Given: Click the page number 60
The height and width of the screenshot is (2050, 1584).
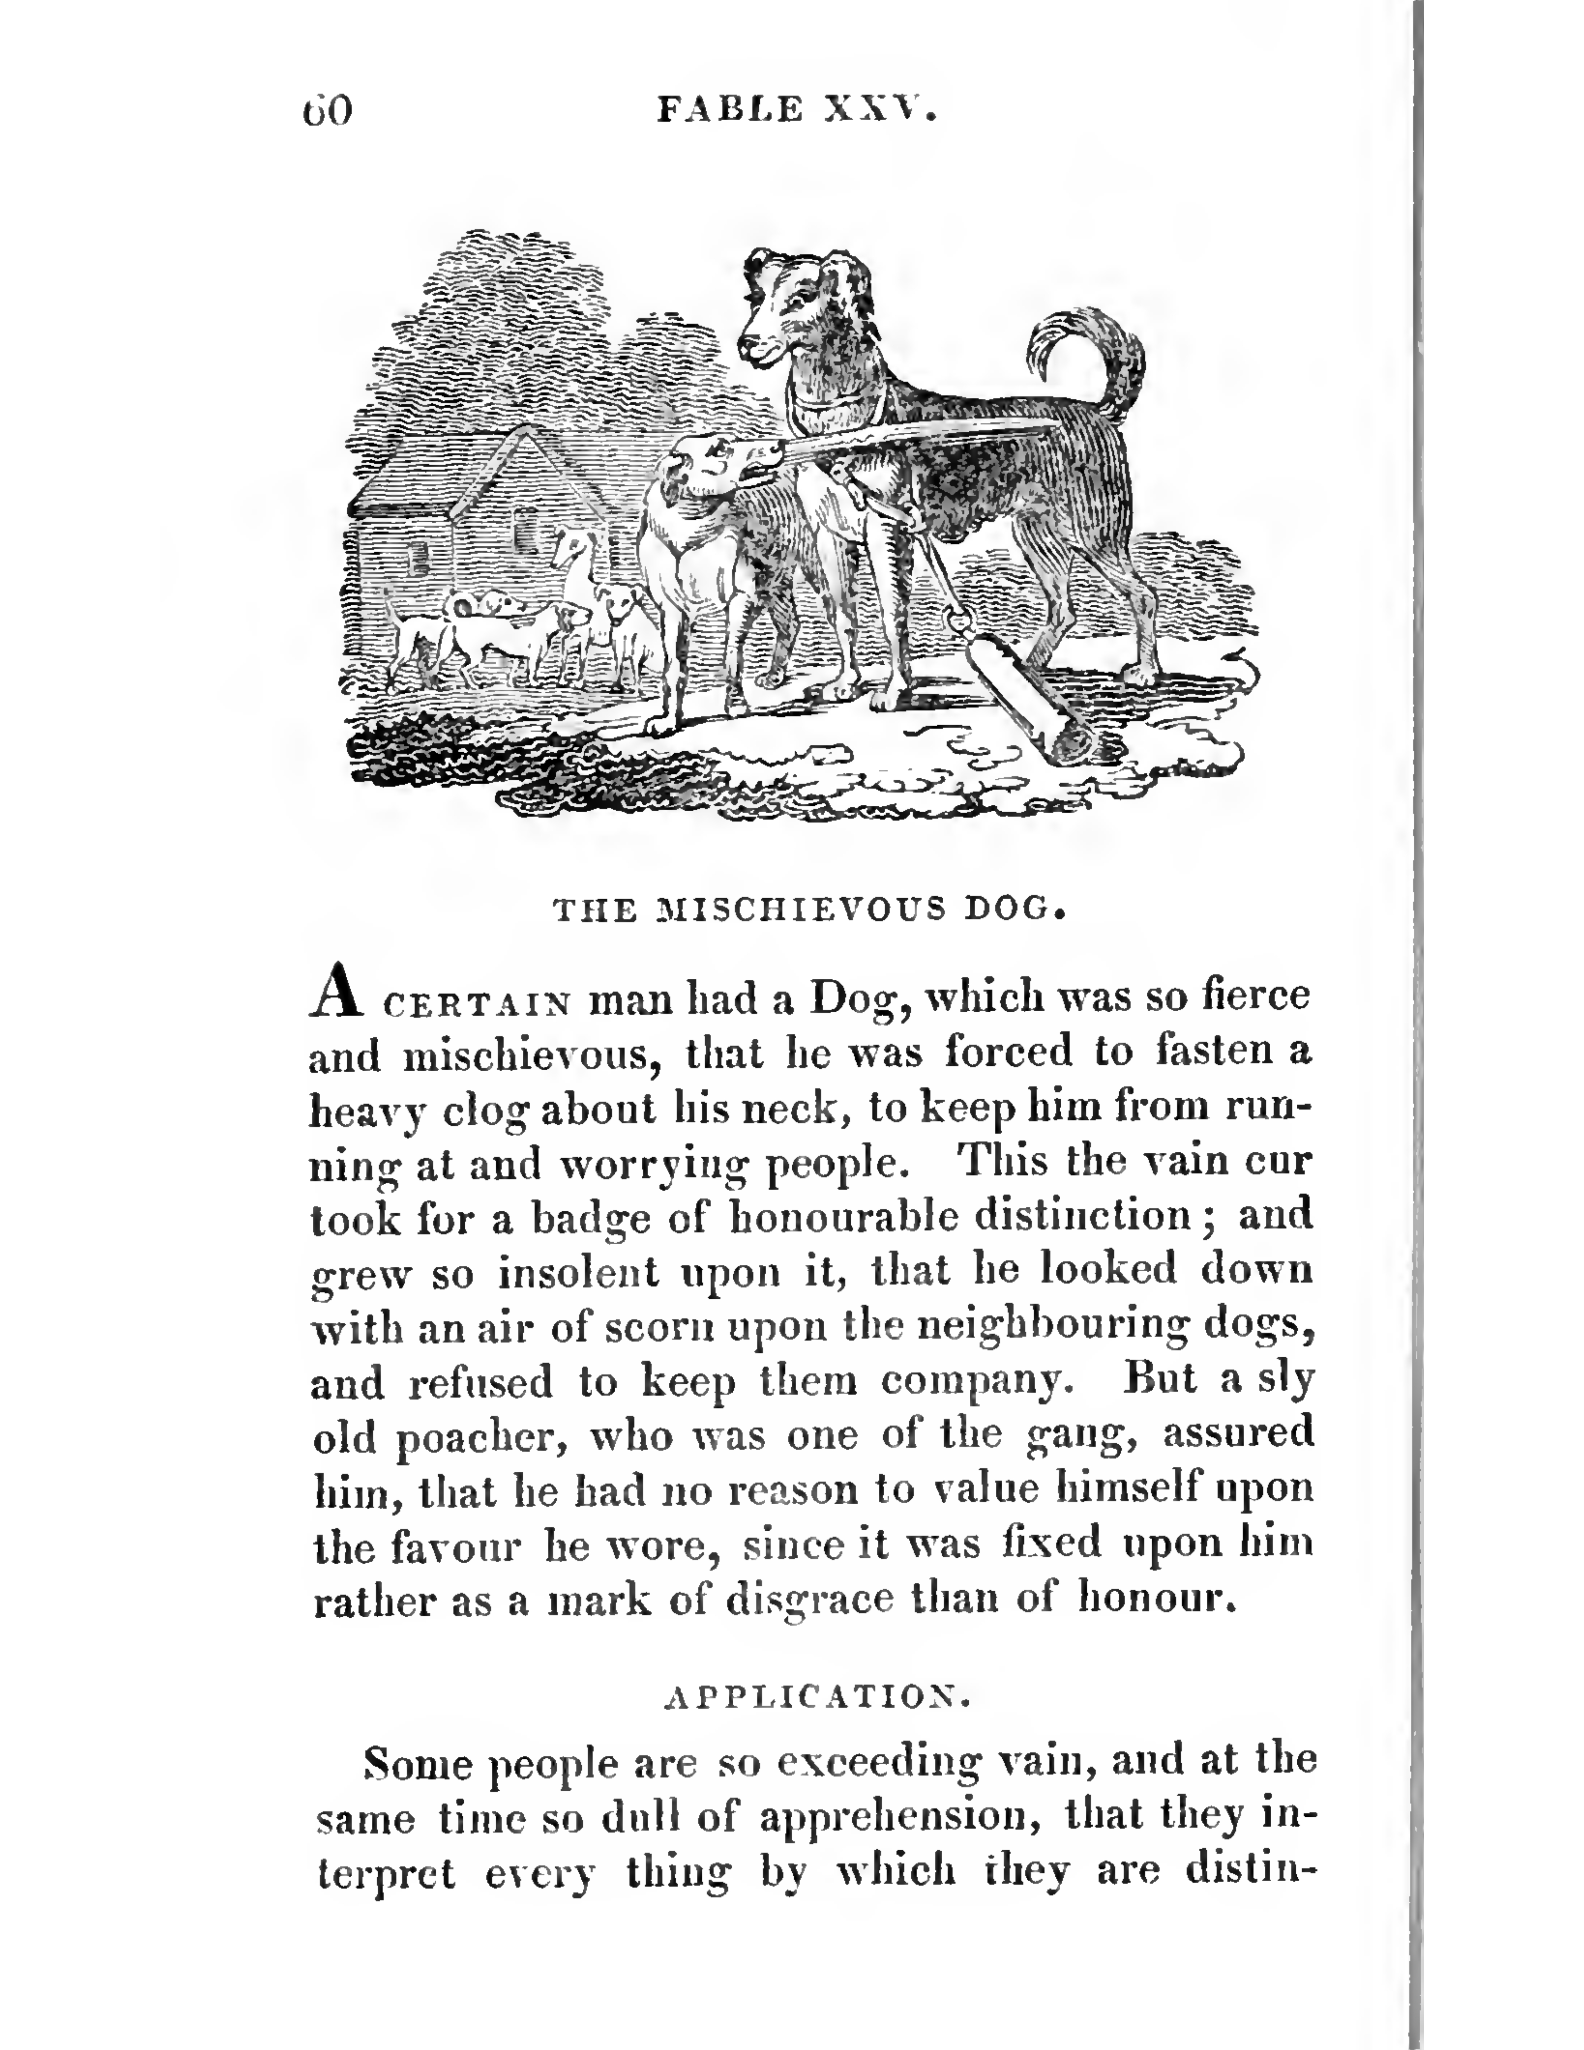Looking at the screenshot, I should pos(327,111).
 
